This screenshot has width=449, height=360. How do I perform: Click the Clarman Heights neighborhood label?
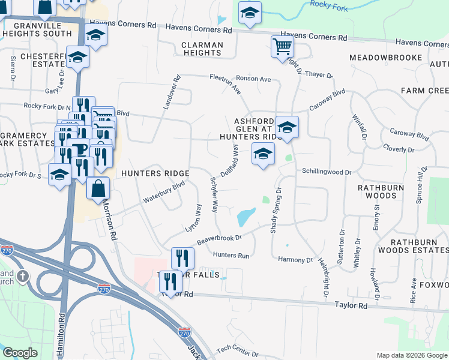coord(203,49)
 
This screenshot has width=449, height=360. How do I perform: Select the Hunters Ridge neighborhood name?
coord(155,173)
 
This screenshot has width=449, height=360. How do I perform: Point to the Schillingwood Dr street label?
coord(327,172)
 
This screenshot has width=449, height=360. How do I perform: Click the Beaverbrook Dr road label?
coord(218,238)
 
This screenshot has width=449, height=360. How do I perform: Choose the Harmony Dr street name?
coord(296,260)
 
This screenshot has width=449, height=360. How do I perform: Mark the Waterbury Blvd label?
coord(163,193)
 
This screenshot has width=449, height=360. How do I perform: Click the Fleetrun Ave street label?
coord(225,84)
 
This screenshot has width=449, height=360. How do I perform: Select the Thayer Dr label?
coord(319,74)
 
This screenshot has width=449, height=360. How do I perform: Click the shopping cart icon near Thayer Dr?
coord(282,46)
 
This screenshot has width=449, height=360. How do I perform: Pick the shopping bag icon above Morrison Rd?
coord(98,188)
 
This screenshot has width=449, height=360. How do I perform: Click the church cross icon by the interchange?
coord(23,277)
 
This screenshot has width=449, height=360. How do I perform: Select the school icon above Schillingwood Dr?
coord(262,155)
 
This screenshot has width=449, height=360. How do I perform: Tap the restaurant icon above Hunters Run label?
coord(182,257)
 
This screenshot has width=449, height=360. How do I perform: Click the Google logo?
coord(20,353)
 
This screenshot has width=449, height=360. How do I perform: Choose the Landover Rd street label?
coord(170,92)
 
